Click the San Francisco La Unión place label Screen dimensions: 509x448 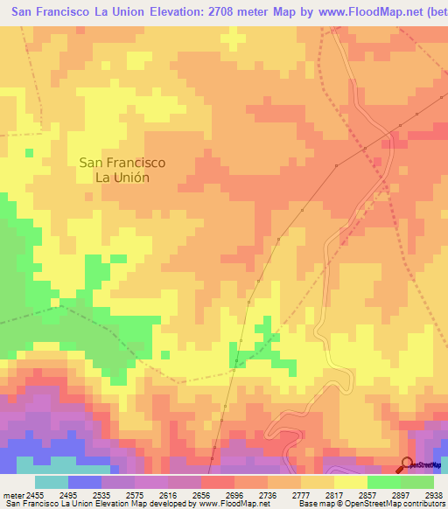122,169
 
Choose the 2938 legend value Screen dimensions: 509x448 437,494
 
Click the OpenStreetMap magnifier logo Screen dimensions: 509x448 407,465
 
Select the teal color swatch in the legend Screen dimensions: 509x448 51,482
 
